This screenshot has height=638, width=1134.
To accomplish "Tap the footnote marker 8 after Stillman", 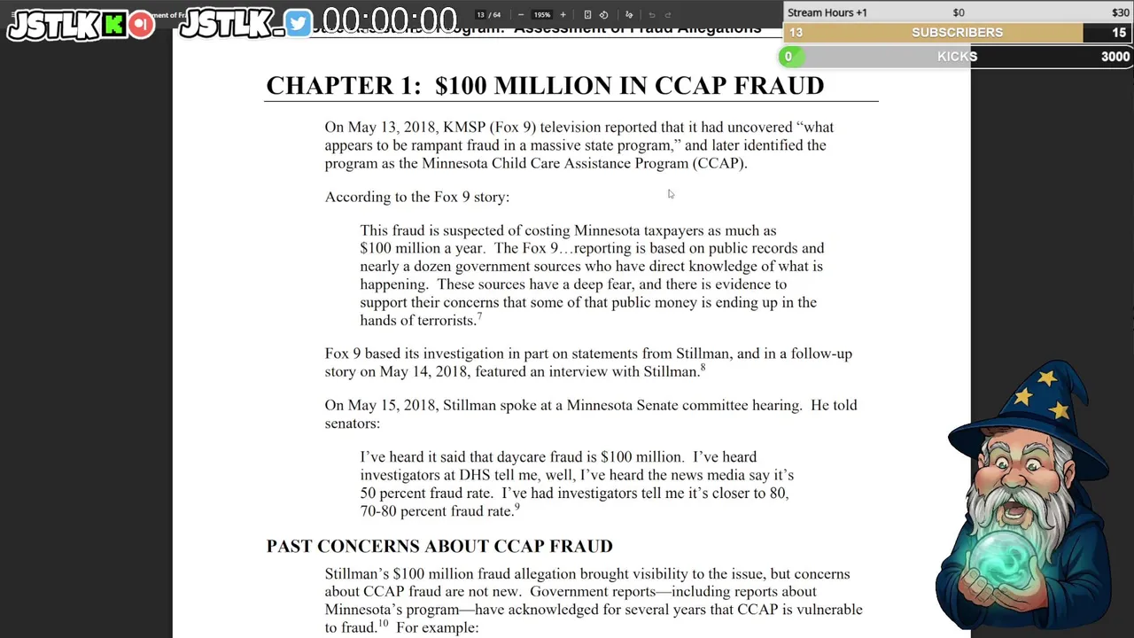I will coord(703,368).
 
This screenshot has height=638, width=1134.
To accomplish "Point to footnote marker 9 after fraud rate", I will coord(517,508).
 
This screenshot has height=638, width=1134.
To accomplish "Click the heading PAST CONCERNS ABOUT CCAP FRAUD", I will coord(439,547).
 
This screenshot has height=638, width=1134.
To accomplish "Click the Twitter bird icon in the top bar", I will coord(299,24).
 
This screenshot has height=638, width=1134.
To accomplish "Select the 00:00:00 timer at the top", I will coord(390,20).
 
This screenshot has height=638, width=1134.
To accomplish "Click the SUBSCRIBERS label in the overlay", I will coord(957,33).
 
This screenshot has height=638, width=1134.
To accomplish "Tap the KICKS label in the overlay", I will coord(957,57).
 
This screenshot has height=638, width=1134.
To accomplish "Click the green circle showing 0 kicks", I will coord(788,57).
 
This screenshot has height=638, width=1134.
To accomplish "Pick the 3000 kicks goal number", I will coord(1115,57).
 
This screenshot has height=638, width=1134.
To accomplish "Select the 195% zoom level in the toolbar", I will coord(541,15).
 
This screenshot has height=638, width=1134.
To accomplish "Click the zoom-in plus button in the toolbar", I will coord(563,15).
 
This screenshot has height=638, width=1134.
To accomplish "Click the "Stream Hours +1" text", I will coord(827,12).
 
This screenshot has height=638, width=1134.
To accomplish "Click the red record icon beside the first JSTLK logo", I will coord(140,25).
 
